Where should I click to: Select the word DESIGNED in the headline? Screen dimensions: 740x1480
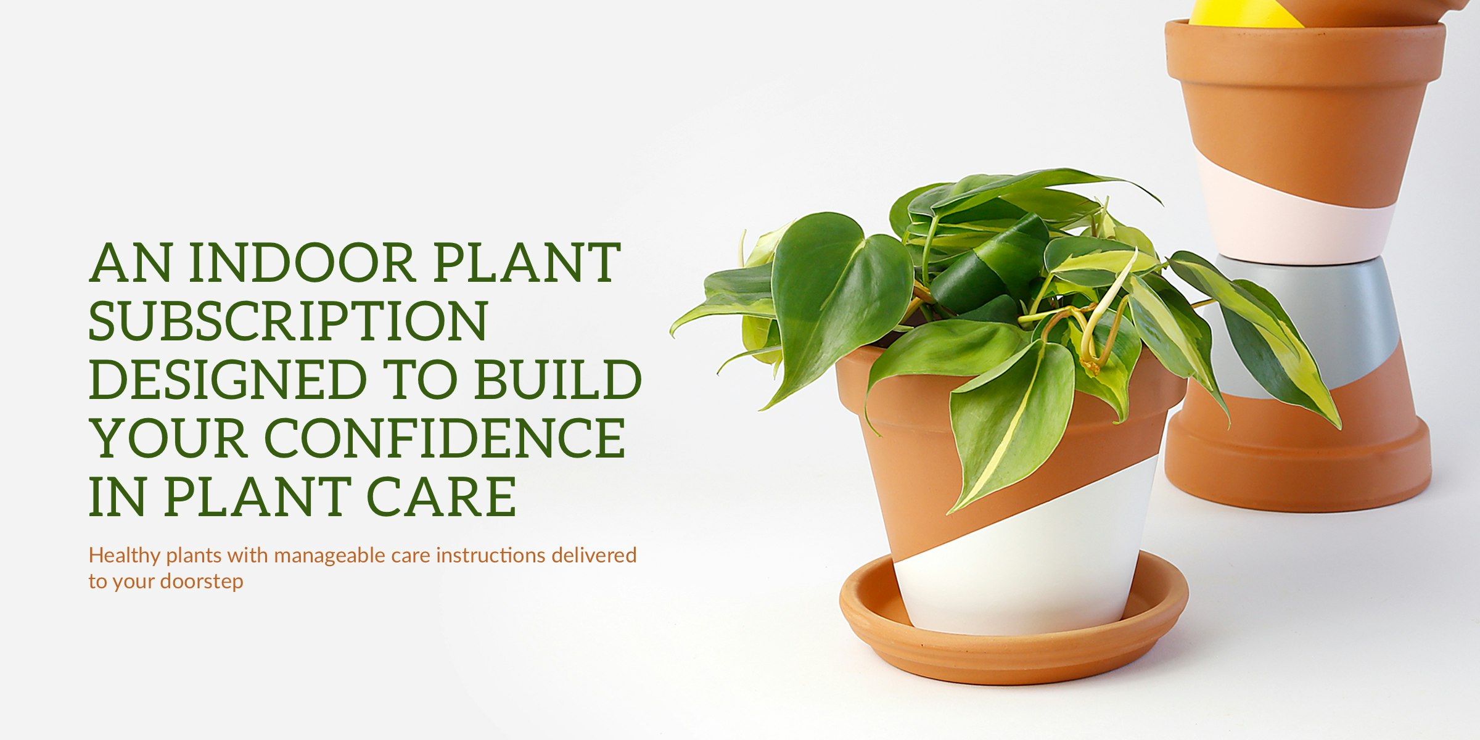228,380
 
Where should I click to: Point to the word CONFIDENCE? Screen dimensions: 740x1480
445,438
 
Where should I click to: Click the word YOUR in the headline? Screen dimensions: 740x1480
169,438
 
